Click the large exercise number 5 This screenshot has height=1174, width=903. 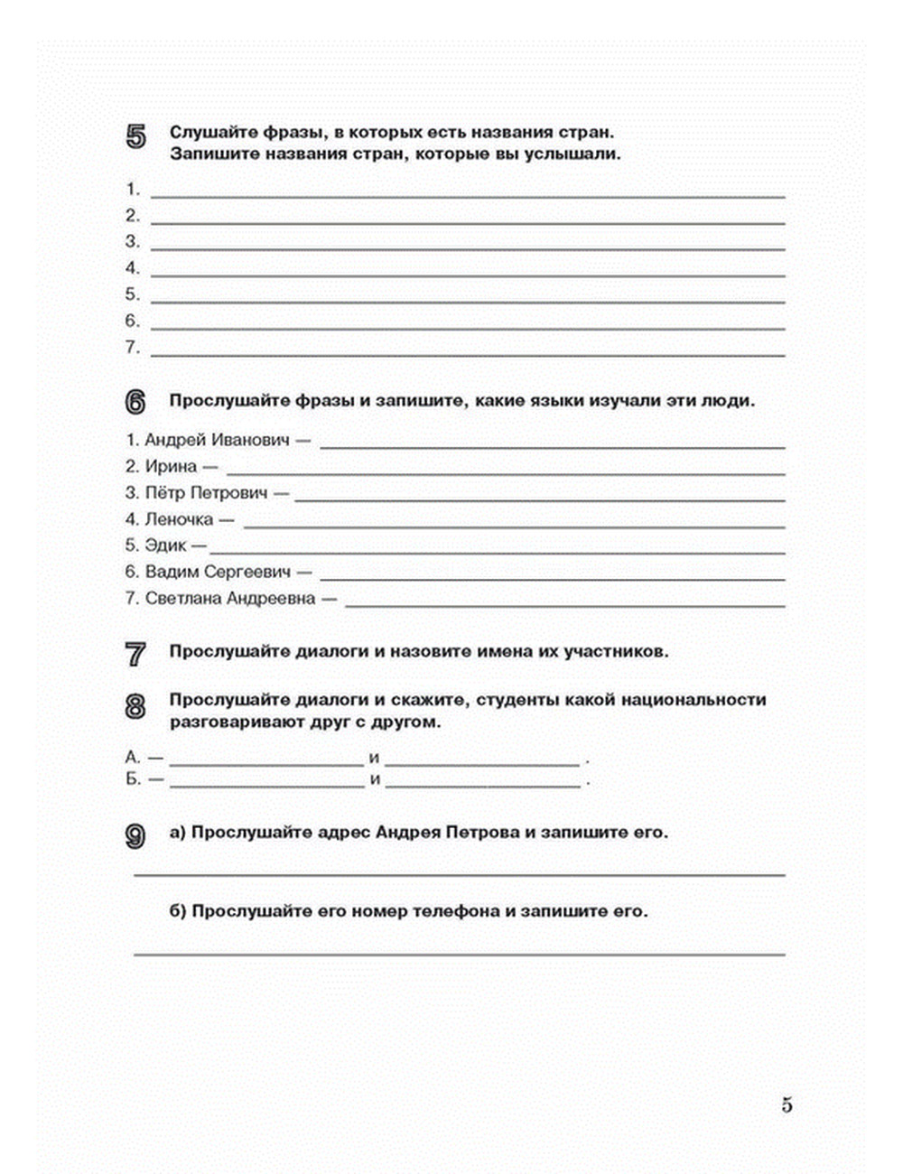pos(135,137)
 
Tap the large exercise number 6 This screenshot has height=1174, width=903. pos(135,404)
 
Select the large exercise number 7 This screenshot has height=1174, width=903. pos(135,654)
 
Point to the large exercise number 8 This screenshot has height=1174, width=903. pos(135,706)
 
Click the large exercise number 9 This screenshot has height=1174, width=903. pos(135,836)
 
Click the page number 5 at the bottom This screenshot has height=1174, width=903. pos(787,1104)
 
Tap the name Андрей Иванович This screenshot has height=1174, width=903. pos(217,441)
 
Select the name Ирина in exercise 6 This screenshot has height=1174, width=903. pos(171,467)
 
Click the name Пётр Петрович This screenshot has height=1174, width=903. pos(207,493)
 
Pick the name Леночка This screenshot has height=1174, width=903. pos(179,519)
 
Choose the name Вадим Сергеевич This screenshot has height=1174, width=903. pos(218,572)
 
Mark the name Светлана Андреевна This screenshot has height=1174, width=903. pos(230,598)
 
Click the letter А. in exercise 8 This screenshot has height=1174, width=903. pos(133,757)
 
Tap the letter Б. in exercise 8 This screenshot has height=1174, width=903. pos(133,779)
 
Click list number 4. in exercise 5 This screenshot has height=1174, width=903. pos(133,267)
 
